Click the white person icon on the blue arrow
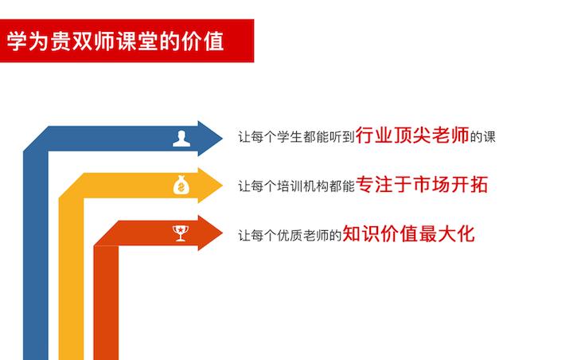click(181, 139)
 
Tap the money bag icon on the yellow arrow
click(181, 185)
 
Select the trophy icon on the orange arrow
click(181, 233)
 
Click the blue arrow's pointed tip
click(222, 139)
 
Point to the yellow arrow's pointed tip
click(222, 186)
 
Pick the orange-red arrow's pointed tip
click(222, 233)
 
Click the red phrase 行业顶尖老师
click(412, 135)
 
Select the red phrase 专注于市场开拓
click(422, 184)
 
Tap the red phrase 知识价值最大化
click(409, 233)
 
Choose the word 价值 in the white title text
click(203, 41)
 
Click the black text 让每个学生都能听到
click(296, 137)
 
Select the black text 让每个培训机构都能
click(296, 186)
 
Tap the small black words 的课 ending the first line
click(483, 137)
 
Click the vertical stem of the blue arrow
click(36, 256)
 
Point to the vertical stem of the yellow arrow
click(71, 279)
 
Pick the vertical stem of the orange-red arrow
click(106, 303)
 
